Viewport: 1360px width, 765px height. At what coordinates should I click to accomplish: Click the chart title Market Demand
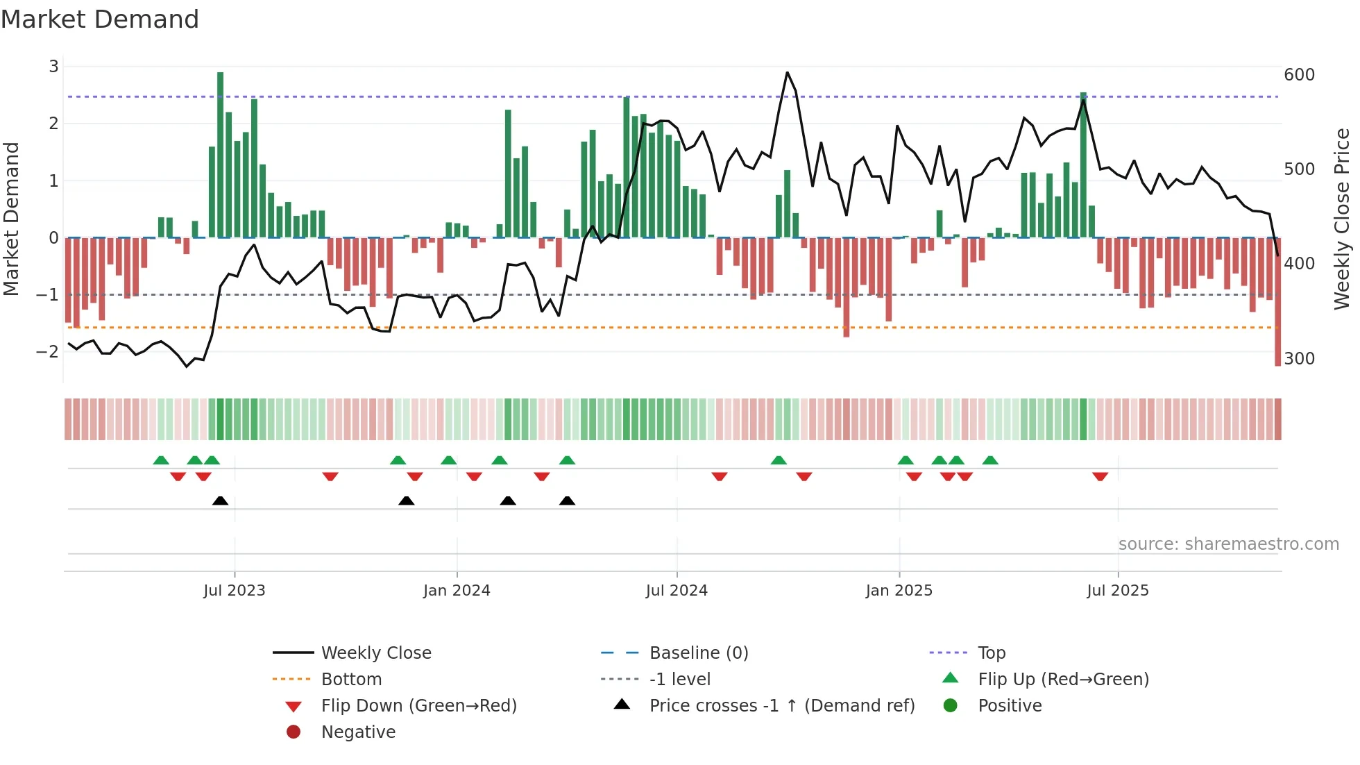[x=100, y=19]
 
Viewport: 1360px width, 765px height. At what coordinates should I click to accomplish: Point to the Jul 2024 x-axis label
[x=677, y=591]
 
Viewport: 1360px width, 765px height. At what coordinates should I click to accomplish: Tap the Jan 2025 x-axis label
[x=899, y=591]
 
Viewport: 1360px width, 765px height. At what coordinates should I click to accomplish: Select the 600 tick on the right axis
[x=1299, y=75]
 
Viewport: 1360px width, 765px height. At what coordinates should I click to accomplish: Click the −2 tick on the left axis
[x=47, y=351]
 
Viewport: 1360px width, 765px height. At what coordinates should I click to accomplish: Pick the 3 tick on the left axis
[x=53, y=67]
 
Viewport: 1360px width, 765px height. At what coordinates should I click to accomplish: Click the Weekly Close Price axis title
[x=1342, y=219]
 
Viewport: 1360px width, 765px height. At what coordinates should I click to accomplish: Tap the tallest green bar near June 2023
[x=221, y=154]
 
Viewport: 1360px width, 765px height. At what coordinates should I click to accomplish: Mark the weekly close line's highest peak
[x=787, y=73]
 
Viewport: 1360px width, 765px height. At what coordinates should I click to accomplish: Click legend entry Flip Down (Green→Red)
[x=418, y=706]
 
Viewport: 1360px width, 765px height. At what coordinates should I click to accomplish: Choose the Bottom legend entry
[x=351, y=680]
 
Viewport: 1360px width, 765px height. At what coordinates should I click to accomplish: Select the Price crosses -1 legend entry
[x=782, y=706]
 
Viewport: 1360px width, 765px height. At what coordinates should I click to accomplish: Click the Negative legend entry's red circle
[x=294, y=732]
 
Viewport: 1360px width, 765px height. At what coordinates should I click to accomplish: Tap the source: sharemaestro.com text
[x=1228, y=544]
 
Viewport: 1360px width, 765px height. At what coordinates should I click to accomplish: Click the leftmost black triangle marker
[x=220, y=501]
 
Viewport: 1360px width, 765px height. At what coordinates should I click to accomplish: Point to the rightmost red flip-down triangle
[x=1100, y=476]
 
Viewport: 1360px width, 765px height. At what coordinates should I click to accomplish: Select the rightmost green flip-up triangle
[x=990, y=460]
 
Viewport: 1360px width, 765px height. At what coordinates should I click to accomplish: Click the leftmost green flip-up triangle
[x=161, y=460]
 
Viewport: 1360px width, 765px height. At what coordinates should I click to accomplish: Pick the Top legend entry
[x=991, y=653]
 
